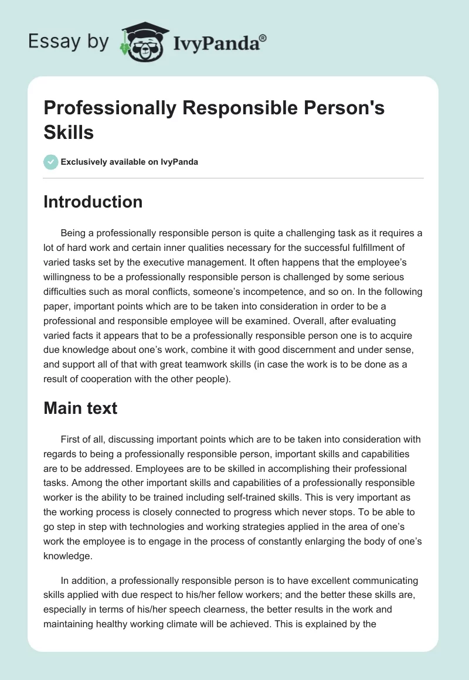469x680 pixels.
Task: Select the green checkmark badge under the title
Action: pyautogui.click(x=51, y=162)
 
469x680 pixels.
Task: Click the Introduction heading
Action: pyautogui.click(x=93, y=202)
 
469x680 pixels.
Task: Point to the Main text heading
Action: pyautogui.click(x=80, y=408)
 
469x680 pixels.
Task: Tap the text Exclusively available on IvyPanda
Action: pyautogui.click(x=130, y=162)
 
